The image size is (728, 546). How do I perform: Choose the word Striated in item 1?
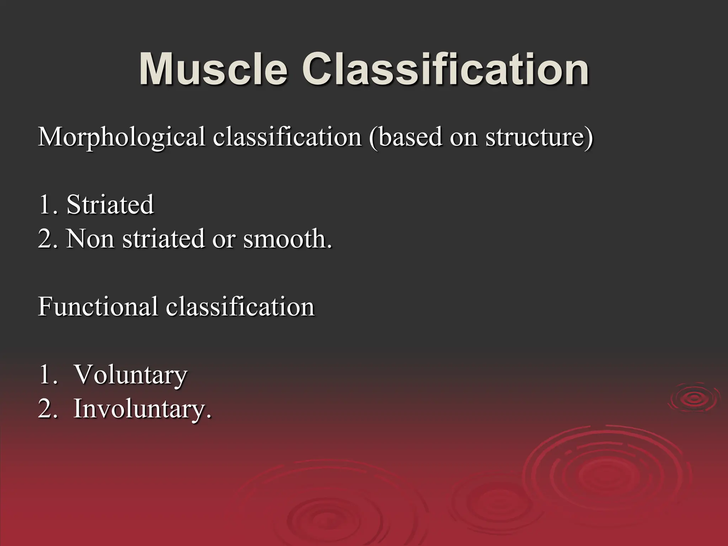click(x=110, y=205)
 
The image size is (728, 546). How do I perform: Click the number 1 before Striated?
click(x=45, y=205)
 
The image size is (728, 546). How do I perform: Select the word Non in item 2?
click(x=90, y=239)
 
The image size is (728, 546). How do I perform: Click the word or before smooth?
click(x=224, y=239)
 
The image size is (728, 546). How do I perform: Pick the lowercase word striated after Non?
click(x=164, y=239)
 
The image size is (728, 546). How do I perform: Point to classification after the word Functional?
click(x=240, y=306)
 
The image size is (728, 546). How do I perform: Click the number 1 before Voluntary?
click(x=45, y=375)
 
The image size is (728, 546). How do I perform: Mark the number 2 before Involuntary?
click(x=45, y=409)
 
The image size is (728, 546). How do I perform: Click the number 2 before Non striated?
click(x=45, y=239)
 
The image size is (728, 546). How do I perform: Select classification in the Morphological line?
click(x=287, y=137)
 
